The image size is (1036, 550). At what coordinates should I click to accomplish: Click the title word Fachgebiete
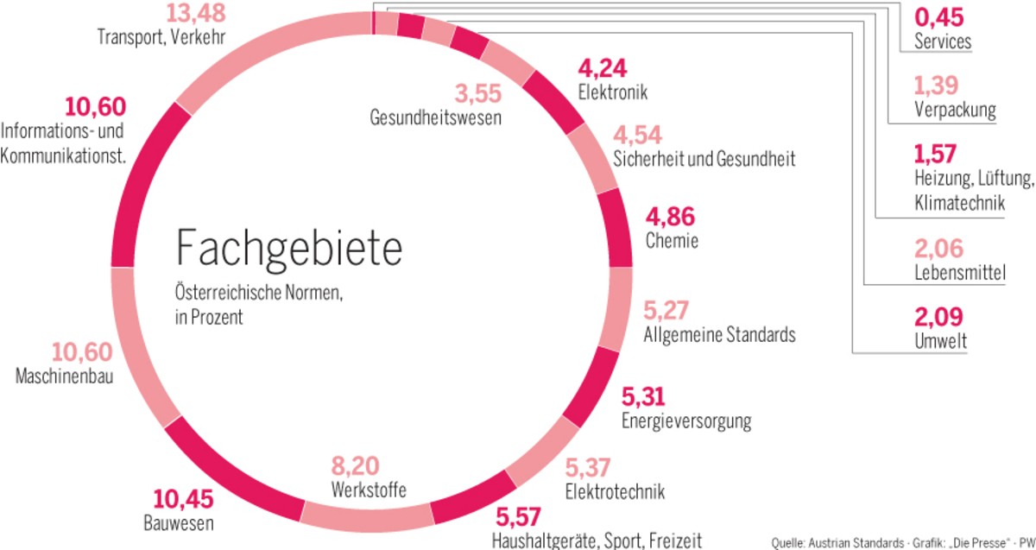click(x=288, y=248)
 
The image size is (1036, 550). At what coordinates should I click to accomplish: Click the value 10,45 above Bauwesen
click(x=183, y=500)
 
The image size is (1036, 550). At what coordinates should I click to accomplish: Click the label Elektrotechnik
click(x=615, y=492)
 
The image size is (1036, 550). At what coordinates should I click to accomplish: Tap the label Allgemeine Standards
click(x=720, y=334)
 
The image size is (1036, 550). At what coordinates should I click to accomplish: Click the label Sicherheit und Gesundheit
click(x=704, y=159)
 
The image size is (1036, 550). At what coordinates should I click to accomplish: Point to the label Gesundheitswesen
click(x=435, y=117)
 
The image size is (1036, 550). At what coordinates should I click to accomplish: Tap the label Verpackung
click(x=954, y=111)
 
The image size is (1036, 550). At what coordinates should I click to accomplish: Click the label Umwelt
click(x=940, y=343)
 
